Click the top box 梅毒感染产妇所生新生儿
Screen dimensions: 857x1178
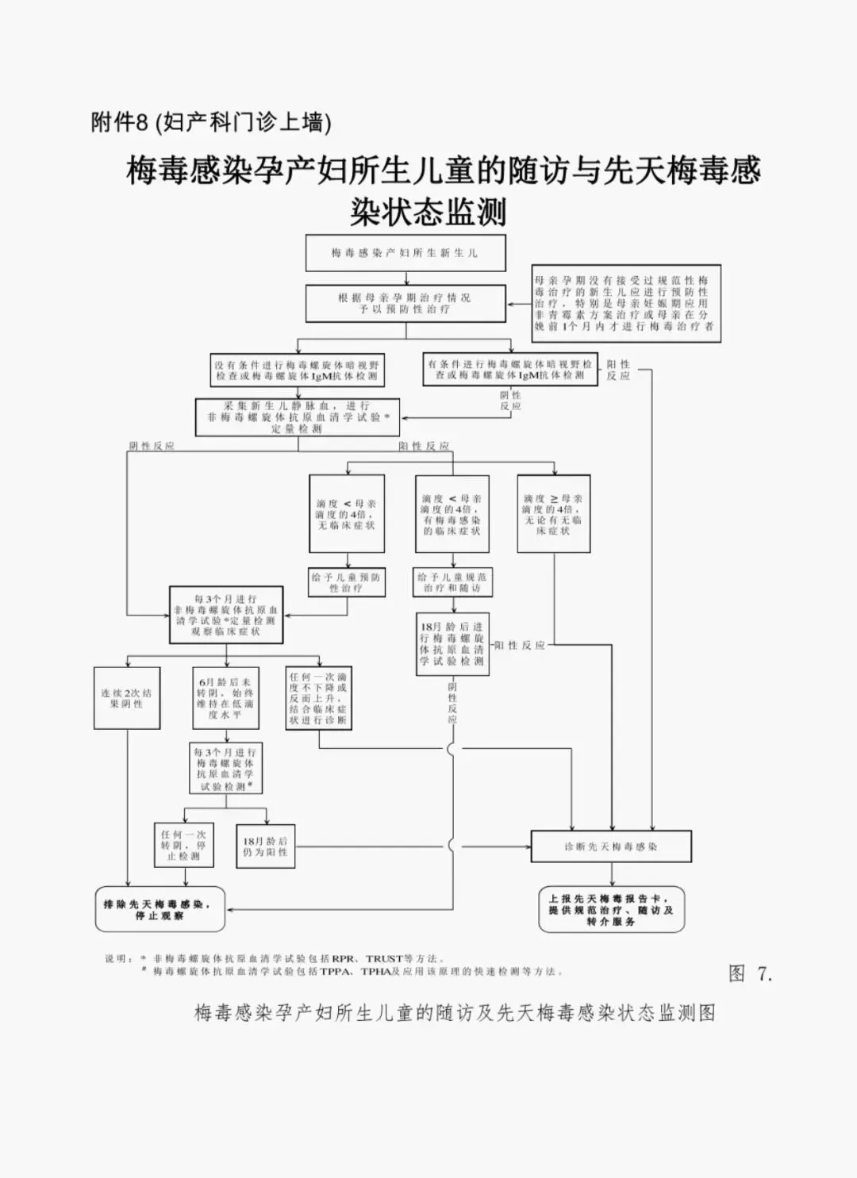tap(405, 253)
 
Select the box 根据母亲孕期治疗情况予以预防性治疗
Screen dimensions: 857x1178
tap(405, 303)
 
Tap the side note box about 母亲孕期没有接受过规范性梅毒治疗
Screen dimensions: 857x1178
tap(626, 303)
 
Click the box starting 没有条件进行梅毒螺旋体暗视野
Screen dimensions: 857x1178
tap(297, 370)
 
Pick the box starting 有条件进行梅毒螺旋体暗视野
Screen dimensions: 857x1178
tap(510, 369)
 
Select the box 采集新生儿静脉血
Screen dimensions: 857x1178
tap(298, 416)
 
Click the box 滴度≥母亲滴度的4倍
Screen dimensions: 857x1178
tap(553, 514)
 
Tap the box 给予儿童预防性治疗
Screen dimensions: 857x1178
tap(346, 583)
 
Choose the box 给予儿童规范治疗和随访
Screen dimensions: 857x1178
tap(452, 583)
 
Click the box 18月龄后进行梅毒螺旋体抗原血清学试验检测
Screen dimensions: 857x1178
tap(452, 644)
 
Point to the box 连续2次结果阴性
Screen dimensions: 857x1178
tap(127, 698)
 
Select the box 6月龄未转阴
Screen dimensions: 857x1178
tap(225, 698)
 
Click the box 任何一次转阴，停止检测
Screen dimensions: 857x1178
tap(184, 846)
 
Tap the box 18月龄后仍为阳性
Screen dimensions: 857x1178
tap(266, 846)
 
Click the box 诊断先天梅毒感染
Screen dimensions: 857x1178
tap(611, 846)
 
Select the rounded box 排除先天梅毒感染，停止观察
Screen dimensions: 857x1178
tap(159, 909)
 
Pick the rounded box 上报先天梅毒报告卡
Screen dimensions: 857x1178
tap(611, 909)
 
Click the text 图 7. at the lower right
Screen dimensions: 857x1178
tap(750, 973)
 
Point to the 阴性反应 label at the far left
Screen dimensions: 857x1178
tap(152, 446)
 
